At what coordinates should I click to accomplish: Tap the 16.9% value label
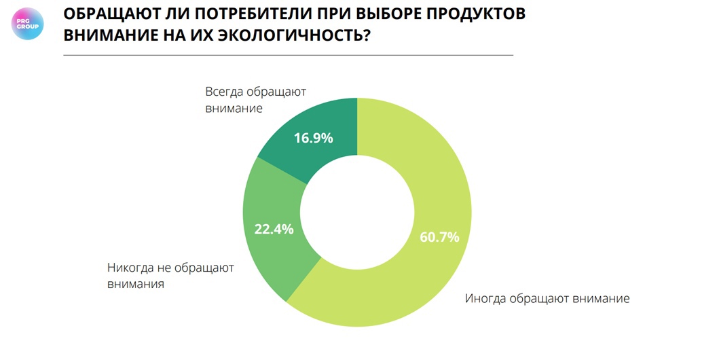313,139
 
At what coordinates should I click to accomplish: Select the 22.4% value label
274,229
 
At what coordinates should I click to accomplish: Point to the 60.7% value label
440,237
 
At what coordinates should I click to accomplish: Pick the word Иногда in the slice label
487,298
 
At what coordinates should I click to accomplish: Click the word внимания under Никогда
136,285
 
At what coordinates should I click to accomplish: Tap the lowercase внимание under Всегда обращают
234,109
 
